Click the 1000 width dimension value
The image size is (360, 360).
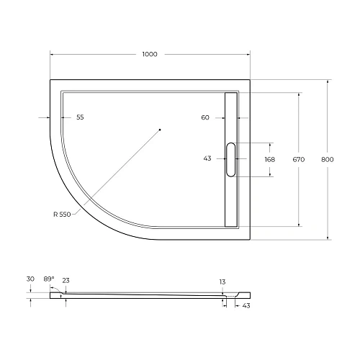(150, 55)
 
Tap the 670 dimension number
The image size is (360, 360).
(300, 159)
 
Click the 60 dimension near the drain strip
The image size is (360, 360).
(206, 117)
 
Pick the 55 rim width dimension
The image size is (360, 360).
(79, 117)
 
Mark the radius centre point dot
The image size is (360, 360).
(160, 130)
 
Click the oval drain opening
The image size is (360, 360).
(230, 159)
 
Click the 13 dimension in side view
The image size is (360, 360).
(224, 282)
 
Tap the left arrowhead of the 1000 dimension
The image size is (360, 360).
(52, 55)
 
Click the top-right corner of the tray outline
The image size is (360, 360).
(249, 79)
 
